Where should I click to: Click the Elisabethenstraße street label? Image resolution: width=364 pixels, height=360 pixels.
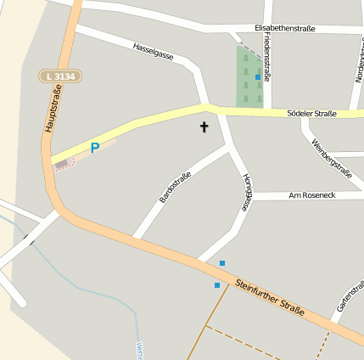(x=284, y=28)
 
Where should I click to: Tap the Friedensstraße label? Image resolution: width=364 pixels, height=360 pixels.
(x=267, y=63)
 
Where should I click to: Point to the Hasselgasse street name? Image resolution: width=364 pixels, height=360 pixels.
(x=154, y=51)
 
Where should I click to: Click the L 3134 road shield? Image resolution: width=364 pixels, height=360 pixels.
(x=60, y=76)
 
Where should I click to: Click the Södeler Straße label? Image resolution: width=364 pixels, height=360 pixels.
(x=311, y=114)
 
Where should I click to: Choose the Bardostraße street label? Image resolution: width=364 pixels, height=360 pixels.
(x=175, y=187)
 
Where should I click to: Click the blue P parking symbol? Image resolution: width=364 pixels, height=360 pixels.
(x=95, y=148)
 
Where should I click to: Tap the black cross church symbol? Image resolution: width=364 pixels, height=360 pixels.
(x=204, y=128)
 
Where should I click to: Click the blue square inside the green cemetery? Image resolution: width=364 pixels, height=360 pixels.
(x=258, y=77)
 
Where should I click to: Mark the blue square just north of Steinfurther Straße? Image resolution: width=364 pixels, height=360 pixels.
(x=222, y=263)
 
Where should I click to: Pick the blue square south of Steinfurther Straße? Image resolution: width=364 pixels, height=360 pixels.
(x=217, y=285)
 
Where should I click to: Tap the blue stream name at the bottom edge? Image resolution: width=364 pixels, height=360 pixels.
(x=138, y=350)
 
